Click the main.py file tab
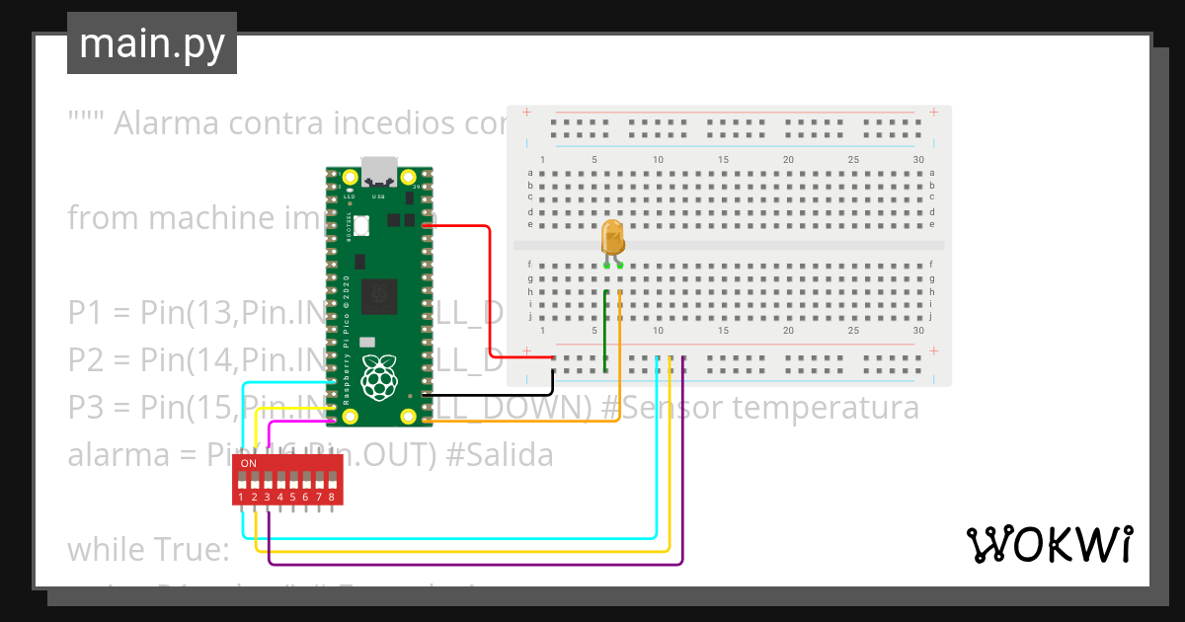151,43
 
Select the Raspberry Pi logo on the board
377,379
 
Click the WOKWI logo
1048,544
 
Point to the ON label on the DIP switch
249,463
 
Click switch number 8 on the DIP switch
332,482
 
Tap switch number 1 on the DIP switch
242,482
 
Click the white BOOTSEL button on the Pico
361,225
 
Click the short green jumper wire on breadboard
605,331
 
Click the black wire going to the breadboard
494,395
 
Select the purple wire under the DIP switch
474,565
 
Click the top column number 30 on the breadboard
919,160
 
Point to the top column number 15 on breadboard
724,160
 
